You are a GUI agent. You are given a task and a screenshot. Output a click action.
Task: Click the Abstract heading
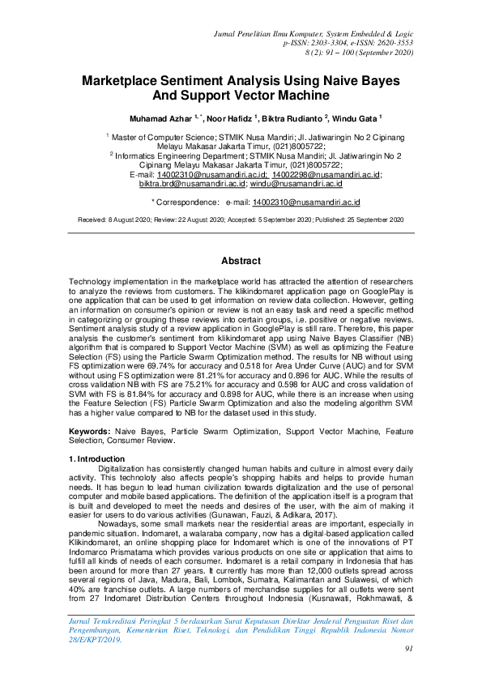click(x=241, y=261)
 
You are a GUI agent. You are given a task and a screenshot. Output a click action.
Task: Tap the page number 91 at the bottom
click(x=409, y=648)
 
